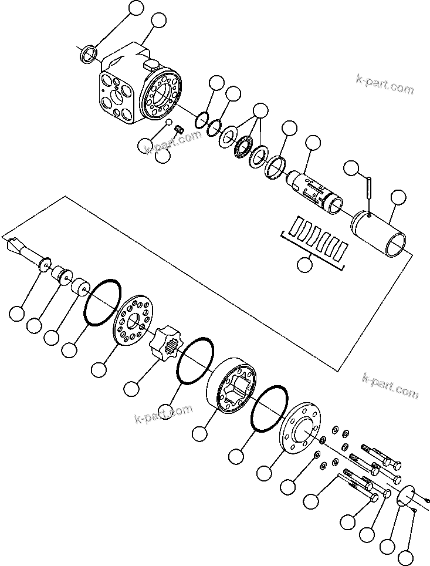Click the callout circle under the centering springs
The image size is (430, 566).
304,264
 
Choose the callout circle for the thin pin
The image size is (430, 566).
351,168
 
